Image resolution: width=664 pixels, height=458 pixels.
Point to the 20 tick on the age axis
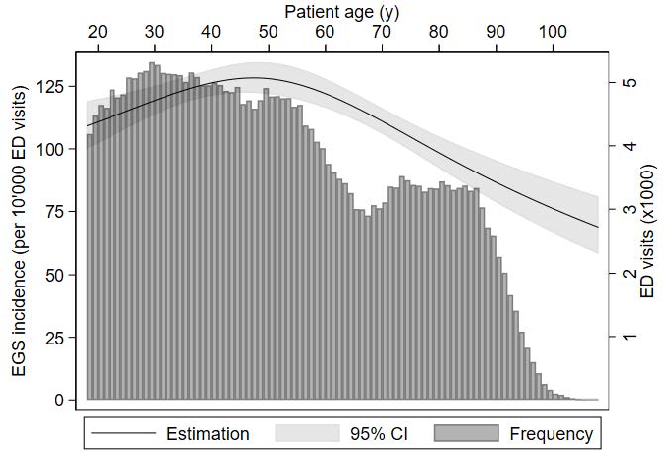point(97,32)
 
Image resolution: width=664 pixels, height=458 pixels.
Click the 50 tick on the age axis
point(268,32)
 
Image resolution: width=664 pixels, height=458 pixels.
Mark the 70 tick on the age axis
point(382,32)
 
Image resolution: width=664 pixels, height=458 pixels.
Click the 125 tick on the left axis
point(52,87)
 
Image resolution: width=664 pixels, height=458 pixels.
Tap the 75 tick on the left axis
point(55,212)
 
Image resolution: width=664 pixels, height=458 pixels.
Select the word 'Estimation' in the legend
point(207,433)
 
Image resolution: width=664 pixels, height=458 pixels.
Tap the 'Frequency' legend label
point(551,433)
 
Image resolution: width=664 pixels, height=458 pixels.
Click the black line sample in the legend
point(121,433)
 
